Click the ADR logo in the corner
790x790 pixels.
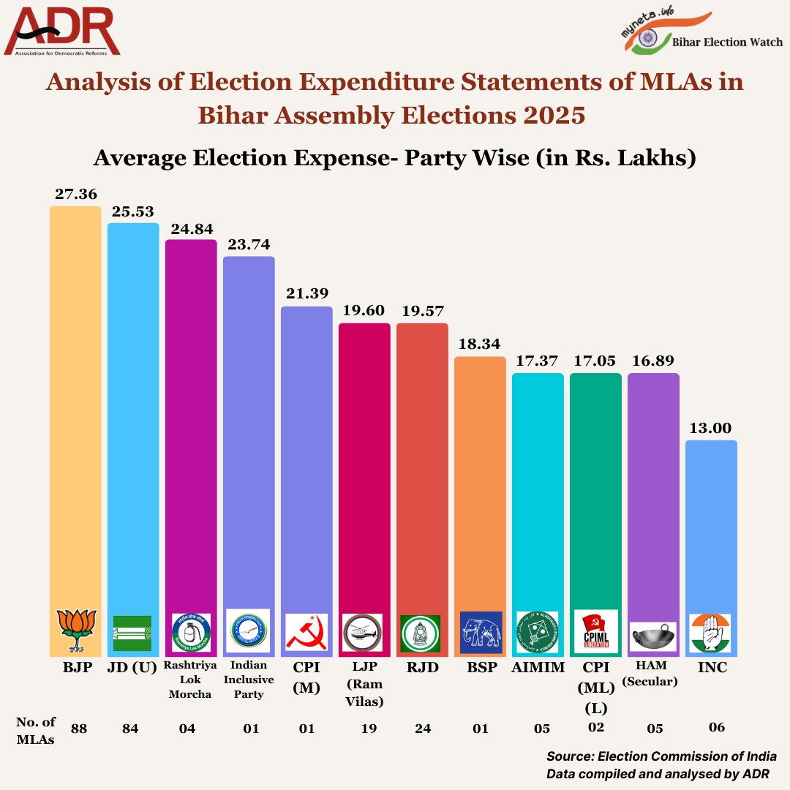pyautogui.click(x=61, y=32)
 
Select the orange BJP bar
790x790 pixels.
pyautogui.click(x=75, y=402)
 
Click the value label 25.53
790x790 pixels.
pyautogui.click(x=133, y=211)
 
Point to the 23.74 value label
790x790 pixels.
pyautogui.click(x=249, y=245)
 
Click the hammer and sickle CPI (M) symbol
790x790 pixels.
pyautogui.click(x=306, y=633)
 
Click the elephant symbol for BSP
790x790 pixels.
pyautogui.click(x=481, y=632)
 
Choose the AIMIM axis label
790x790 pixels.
pyautogui.click(x=538, y=668)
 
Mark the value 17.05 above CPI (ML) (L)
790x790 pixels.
pyautogui.click(x=595, y=361)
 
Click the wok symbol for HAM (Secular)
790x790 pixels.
pyautogui.click(x=653, y=635)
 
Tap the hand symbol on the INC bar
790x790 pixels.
pyautogui.click(x=711, y=633)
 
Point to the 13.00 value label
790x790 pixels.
pyautogui.click(x=711, y=428)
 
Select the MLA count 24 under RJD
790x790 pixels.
pyautogui.click(x=422, y=729)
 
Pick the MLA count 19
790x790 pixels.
pyautogui.click(x=364, y=729)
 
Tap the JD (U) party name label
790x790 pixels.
pyautogui.click(x=133, y=668)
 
